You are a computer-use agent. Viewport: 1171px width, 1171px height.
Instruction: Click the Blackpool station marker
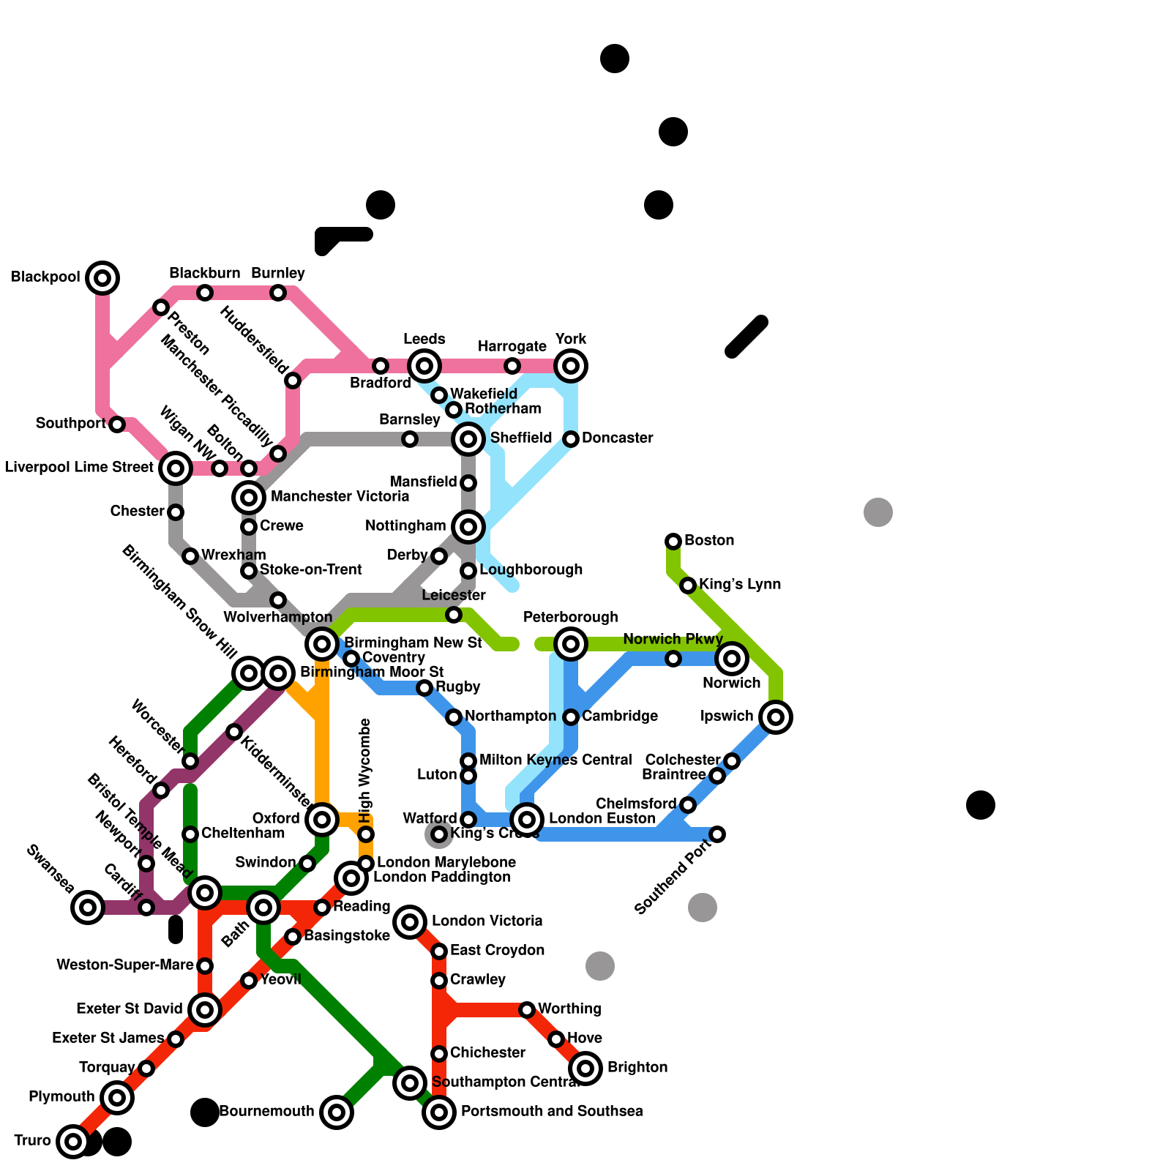(102, 278)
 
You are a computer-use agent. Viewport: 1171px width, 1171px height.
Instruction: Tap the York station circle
(571, 366)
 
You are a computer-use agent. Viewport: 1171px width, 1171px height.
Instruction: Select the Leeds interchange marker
(424, 366)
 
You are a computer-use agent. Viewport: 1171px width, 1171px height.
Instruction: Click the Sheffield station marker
(468, 439)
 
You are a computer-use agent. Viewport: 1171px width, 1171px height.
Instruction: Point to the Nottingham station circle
(468, 527)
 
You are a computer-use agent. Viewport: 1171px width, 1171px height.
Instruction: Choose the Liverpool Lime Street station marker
(176, 468)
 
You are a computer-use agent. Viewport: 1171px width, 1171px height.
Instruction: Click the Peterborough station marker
(571, 644)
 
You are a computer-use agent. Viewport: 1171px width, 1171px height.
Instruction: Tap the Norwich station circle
(732, 659)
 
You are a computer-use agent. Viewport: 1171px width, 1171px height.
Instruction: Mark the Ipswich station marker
(776, 717)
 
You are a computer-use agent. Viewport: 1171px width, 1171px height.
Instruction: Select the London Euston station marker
(527, 820)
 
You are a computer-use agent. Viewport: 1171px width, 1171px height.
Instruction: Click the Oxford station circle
(322, 820)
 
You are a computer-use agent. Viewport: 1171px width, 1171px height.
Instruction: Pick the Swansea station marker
(88, 908)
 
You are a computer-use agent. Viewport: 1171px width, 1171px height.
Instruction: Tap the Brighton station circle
(585, 1069)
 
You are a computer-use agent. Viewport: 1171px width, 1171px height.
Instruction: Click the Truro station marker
(73, 1142)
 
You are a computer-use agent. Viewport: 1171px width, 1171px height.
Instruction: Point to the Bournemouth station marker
(337, 1112)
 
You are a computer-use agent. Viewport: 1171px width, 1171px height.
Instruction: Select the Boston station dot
(673, 542)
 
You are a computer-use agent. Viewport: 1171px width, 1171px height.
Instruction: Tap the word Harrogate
(512, 346)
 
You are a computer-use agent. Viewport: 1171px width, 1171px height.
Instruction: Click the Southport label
(70, 424)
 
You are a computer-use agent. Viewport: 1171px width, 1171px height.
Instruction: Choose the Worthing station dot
(527, 1010)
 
